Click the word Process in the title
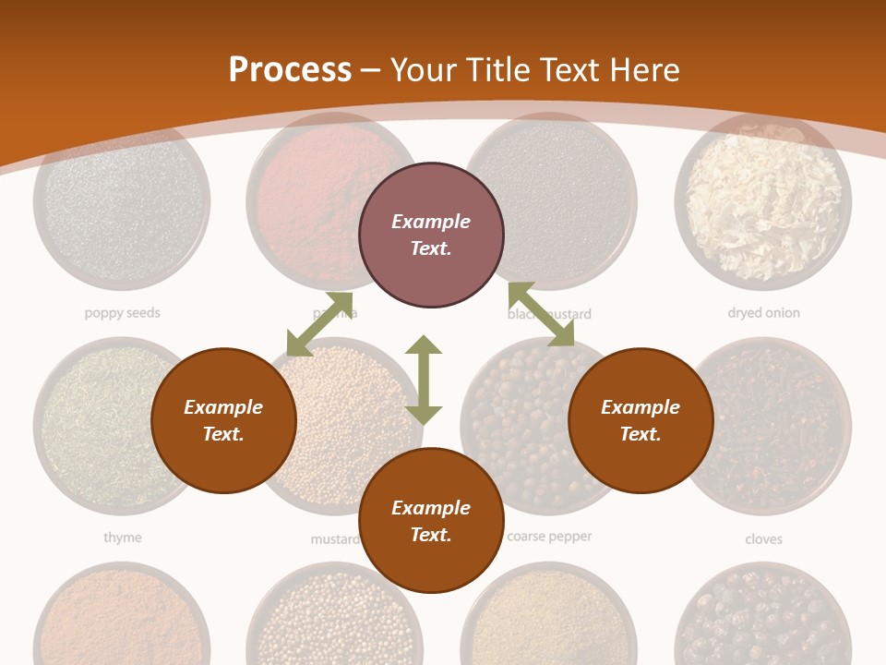click(290, 70)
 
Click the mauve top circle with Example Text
click(431, 236)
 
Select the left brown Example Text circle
click(223, 421)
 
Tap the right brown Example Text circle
click(641, 421)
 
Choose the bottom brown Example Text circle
click(431, 521)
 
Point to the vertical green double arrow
click(424, 381)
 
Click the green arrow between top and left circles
click(319, 324)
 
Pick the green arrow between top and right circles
click(541, 315)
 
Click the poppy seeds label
click(122, 313)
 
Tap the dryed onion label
click(763, 313)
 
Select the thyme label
click(122, 538)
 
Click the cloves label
click(763, 538)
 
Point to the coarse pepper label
click(550, 537)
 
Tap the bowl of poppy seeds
click(122, 201)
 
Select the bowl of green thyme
click(92, 425)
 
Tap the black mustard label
click(563, 314)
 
